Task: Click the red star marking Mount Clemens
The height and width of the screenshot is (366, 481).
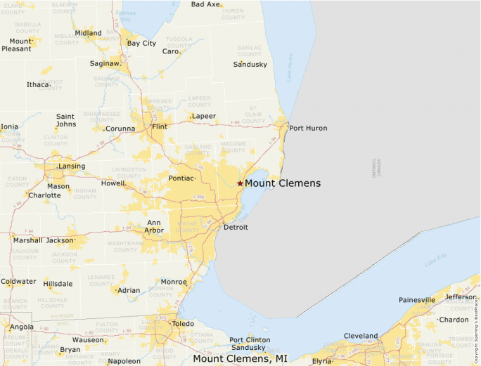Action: tap(240, 183)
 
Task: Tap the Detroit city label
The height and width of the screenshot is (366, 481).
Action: tap(236, 228)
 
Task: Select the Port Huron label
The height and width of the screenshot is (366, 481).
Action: tap(308, 128)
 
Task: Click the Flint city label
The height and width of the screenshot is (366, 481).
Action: tap(160, 127)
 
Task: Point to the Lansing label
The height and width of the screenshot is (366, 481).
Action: tap(72, 166)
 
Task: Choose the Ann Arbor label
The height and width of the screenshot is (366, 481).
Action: tap(154, 226)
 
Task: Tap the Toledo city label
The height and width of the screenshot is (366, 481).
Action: tap(183, 323)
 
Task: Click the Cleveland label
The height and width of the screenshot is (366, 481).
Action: tap(361, 336)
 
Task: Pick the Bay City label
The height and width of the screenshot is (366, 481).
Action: tap(141, 43)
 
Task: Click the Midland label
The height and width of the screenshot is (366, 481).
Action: tap(88, 33)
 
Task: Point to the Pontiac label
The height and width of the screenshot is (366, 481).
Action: tap(181, 178)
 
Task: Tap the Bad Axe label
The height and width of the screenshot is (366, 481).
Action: tap(205, 4)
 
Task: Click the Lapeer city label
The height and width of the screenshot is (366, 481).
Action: tap(204, 116)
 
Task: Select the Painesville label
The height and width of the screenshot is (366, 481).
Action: tap(417, 299)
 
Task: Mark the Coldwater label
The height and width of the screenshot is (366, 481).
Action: tap(18, 282)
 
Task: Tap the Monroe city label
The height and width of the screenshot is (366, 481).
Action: tap(174, 282)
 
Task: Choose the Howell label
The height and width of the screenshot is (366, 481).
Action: tap(113, 183)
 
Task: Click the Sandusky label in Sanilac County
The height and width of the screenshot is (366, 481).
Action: tap(250, 65)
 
